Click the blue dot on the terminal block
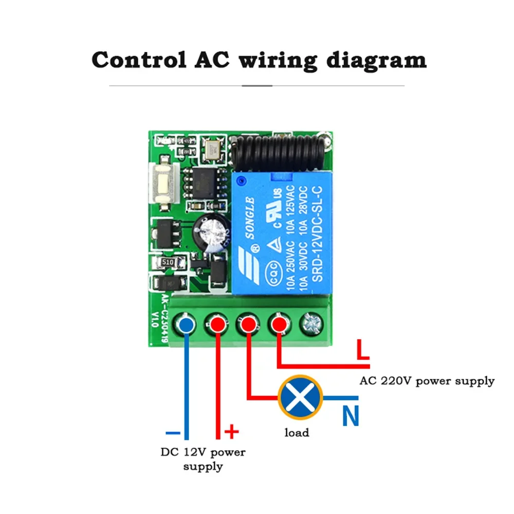coord(186,324)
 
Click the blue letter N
coord(351,416)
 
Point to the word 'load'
coord(297,433)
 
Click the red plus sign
coord(232,431)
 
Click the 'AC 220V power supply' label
coord(427,381)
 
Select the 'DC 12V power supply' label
coord(203,459)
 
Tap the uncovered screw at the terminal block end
coord(310,324)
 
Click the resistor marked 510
coord(167,263)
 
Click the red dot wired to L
coord(279,324)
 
